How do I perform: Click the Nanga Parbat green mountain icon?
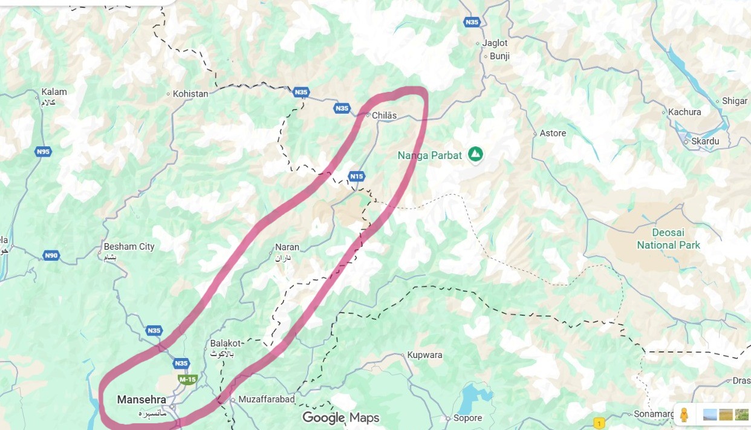[x=476, y=155]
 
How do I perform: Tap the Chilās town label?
[x=385, y=115]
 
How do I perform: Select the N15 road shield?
[x=357, y=177]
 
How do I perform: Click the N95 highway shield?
[x=43, y=152]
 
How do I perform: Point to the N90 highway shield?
[x=51, y=256]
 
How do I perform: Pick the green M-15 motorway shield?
[x=187, y=379]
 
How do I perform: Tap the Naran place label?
[x=287, y=247]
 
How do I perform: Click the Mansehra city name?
[x=141, y=400]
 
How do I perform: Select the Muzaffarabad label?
[x=266, y=400]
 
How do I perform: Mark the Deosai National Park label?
[x=668, y=239]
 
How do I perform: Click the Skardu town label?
[x=706, y=141]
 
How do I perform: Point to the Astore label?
[x=553, y=133]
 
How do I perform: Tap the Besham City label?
[x=129, y=247]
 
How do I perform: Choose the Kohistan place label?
[x=190, y=94]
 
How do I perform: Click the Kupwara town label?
[x=424, y=355]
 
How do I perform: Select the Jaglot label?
[x=495, y=43]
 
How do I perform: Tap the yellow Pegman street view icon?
[x=684, y=415]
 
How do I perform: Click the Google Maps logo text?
[x=340, y=417]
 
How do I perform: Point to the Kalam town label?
[x=54, y=92]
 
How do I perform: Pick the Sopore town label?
[x=467, y=418]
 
